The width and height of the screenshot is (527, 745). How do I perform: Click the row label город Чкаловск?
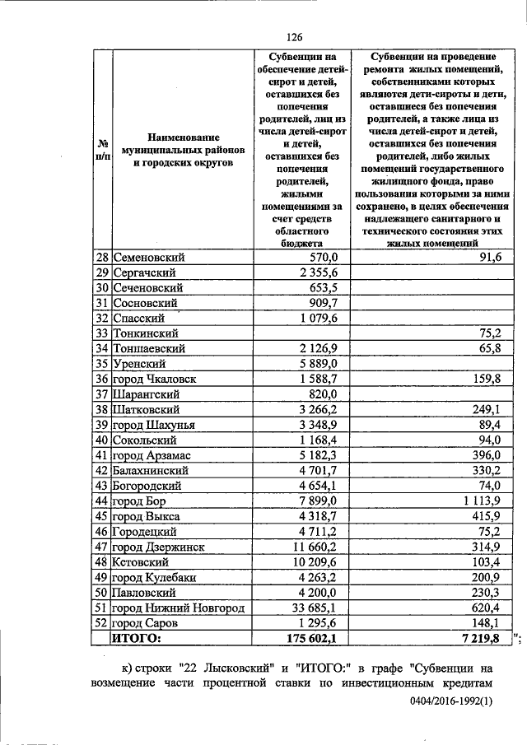click(x=159, y=379)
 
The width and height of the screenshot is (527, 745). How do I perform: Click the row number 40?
click(x=102, y=440)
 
